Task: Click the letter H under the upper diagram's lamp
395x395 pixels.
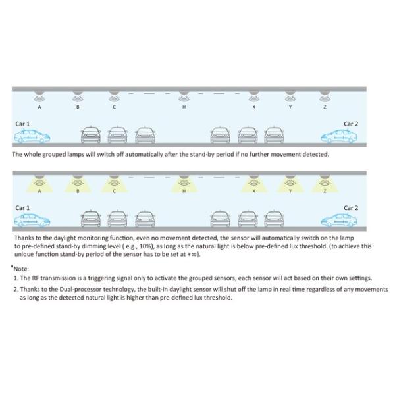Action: click(x=184, y=107)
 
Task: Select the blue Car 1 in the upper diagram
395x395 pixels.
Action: click(x=32, y=136)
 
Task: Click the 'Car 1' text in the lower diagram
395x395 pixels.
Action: click(x=23, y=208)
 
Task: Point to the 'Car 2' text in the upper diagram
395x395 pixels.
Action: click(x=351, y=124)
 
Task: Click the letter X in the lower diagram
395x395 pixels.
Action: click(x=253, y=191)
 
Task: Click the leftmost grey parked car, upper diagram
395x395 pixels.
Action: click(x=90, y=136)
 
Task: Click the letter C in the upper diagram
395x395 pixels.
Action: click(x=114, y=107)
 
